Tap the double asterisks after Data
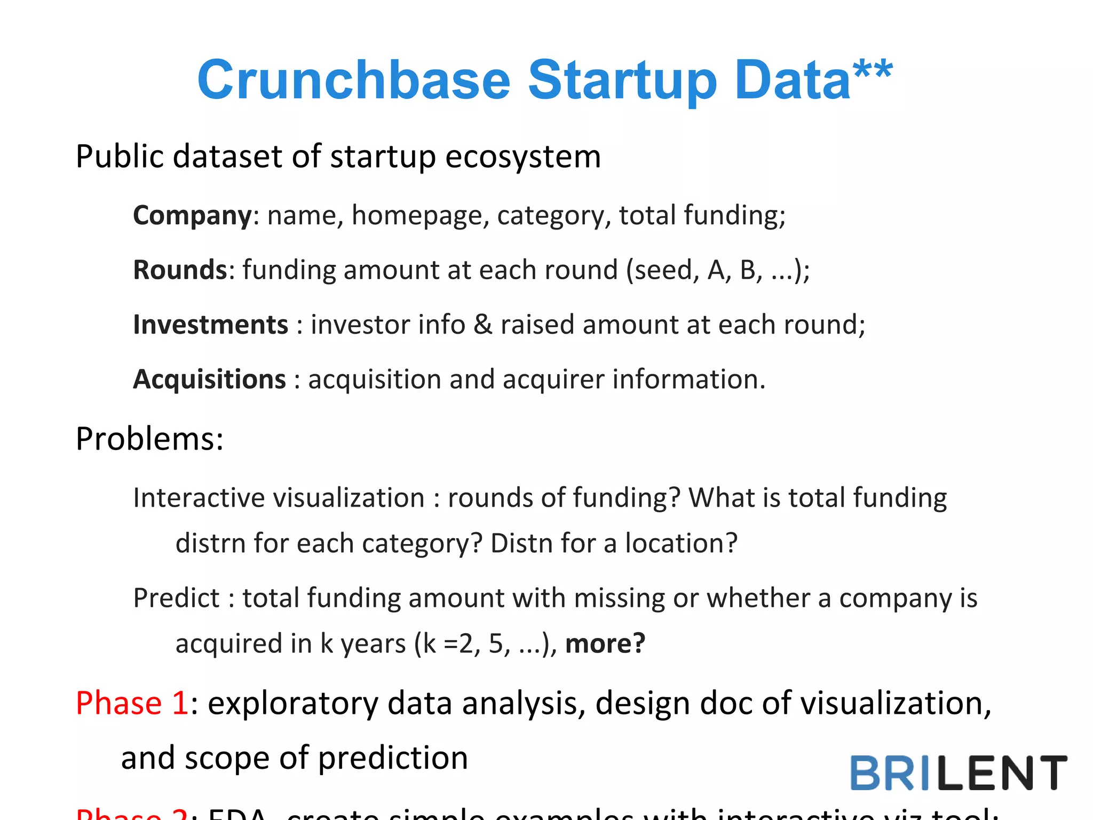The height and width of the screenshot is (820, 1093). (x=873, y=71)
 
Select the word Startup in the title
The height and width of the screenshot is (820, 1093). (x=622, y=81)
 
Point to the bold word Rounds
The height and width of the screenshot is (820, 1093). (x=180, y=270)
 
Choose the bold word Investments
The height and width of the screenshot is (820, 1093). (x=210, y=325)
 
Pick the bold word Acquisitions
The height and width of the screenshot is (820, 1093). (x=209, y=380)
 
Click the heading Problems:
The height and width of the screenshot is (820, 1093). (x=149, y=439)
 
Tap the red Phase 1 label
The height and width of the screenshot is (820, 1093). (x=131, y=703)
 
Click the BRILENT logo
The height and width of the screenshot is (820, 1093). (x=958, y=772)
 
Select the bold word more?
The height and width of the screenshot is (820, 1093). (x=605, y=643)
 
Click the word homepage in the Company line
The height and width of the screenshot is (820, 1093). (x=420, y=216)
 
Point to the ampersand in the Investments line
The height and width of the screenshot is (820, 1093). (x=482, y=325)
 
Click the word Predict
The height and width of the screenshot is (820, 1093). (x=176, y=598)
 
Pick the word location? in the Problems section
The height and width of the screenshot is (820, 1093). (x=681, y=543)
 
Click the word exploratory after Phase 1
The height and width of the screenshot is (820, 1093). (x=293, y=704)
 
